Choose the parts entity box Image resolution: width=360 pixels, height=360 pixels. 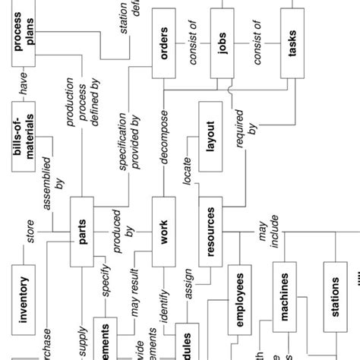[x=82, y=233]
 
